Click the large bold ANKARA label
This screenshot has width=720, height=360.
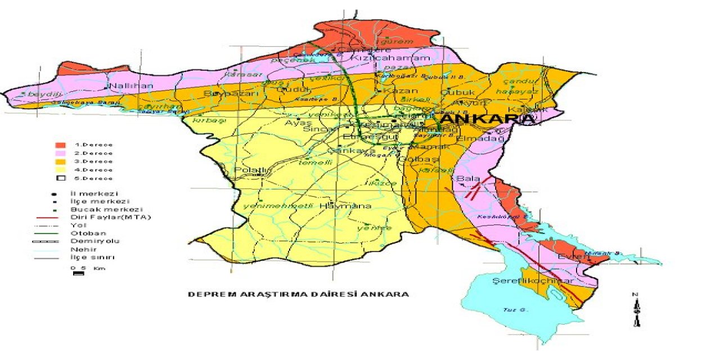coord(487,120)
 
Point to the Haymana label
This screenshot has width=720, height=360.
coord(337,206)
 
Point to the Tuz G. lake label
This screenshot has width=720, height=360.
coord(511,310)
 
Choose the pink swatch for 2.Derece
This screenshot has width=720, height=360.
coord(61,153)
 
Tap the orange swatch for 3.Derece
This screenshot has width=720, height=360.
coord(61,161)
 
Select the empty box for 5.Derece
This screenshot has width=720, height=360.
coord(61,178)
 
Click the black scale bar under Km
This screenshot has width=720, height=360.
coord(79,274)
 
